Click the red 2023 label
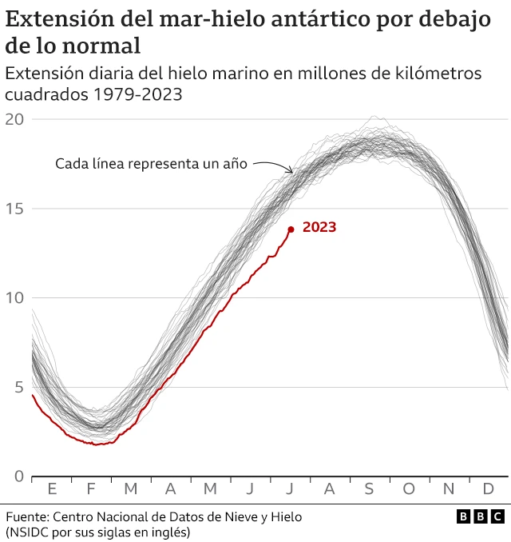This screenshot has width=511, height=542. click(319, 227)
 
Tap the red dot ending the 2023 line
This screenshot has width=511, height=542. click(291, 229)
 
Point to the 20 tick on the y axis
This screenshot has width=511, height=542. click(14, 119)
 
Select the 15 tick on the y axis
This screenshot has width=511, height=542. click(14, 209)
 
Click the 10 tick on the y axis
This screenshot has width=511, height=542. click(14, 298)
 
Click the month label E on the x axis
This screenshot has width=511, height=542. click(52, 488)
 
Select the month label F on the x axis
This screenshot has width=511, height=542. click(90, 488)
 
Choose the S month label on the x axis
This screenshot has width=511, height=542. click(369, 488)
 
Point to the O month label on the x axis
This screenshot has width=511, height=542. click(409, 488)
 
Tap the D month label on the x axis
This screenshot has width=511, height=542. click(488, 488)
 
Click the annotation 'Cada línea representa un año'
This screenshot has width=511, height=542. click(151, 163)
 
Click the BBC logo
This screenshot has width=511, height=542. click(480, 517)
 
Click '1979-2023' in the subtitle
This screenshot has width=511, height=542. click(138, 95)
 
